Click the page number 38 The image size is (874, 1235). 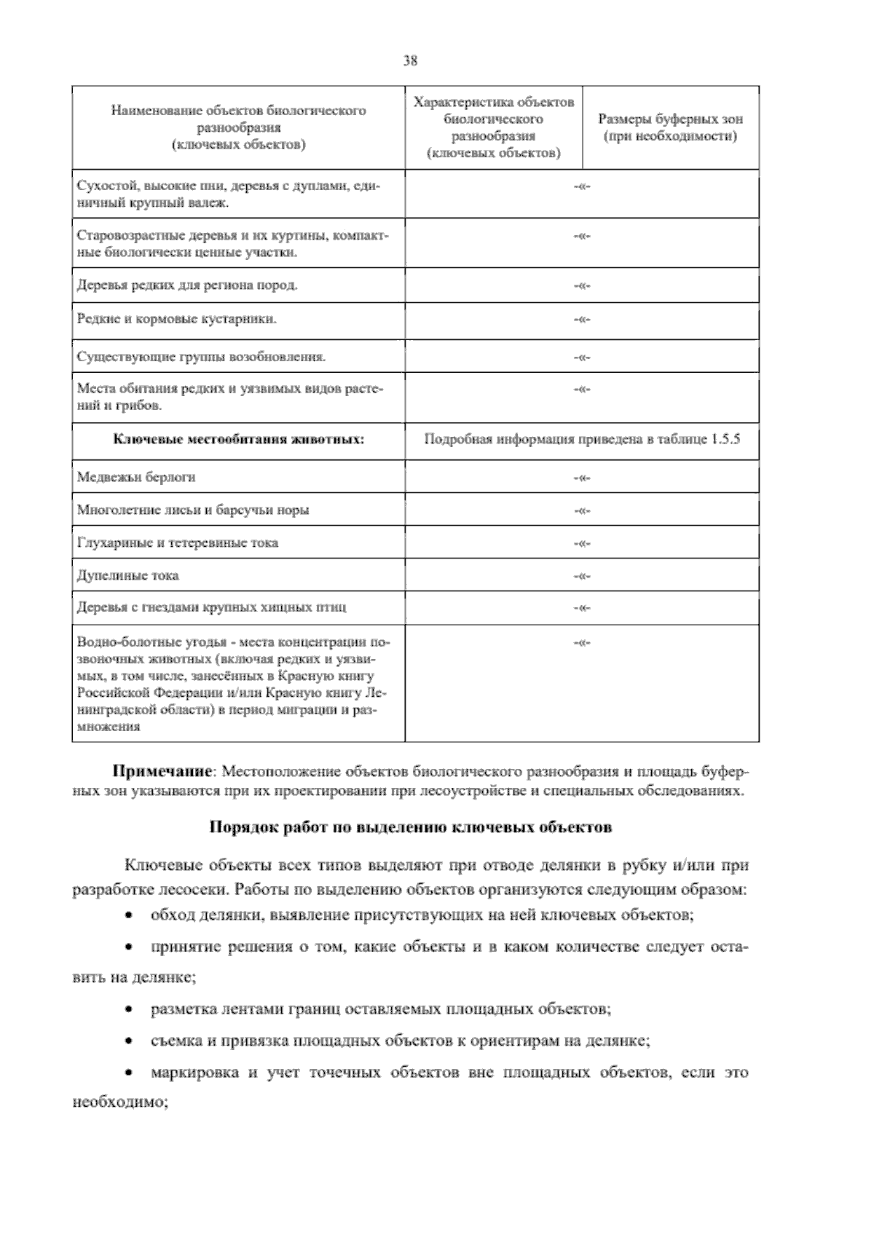tap(410, 61)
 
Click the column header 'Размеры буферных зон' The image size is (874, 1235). tap(670, 119)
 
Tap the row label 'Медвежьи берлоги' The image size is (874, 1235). tap(136, 477)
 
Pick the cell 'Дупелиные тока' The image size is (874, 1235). tap(128, 575)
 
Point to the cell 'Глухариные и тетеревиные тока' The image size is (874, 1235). tap(178, 542)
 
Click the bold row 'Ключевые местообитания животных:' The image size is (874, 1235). tap(239, 440)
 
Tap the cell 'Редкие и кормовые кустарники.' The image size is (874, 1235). tap(177, 319)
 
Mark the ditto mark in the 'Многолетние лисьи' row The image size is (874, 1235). tap(581, 510)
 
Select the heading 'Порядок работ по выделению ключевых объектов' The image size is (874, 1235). tap(411, 827)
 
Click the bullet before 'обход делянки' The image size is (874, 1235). tap(129, 915)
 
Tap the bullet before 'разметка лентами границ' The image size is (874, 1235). tap(129, 1011)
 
